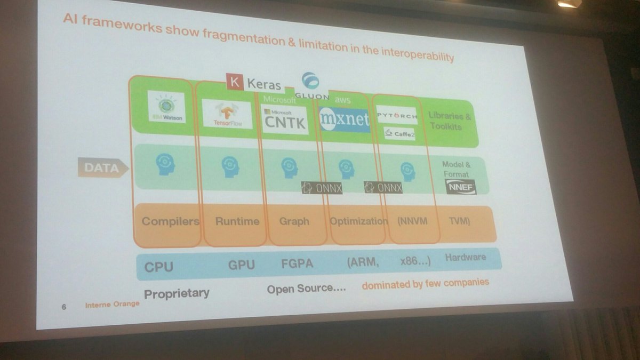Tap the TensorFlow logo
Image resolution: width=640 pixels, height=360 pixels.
coord(227,114)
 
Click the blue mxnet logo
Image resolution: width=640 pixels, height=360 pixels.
coord(345,120)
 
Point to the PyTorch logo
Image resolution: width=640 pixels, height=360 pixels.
coord(396,115)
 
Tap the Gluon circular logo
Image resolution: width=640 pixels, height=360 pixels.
coord(310,81)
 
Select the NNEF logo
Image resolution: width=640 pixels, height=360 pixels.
coord(460,186)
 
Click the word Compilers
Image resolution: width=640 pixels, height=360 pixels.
coord(170,221)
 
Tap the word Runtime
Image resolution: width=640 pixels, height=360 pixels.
coord(237,221)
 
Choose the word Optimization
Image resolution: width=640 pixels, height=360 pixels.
coord(358,221)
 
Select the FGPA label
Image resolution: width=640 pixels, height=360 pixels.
coord(297,264)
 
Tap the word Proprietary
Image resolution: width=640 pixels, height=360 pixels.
coord(177,293)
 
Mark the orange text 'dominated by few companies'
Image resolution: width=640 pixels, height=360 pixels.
coord(425,283)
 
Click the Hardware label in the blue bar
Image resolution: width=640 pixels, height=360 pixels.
coord(466,257)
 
